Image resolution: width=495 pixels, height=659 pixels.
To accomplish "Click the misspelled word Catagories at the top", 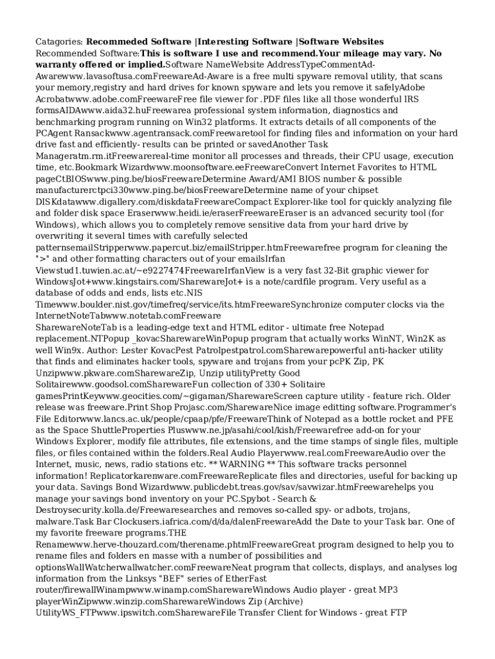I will (x=59, y=42).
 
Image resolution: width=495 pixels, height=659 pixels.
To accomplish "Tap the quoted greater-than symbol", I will (x=44, y=259).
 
